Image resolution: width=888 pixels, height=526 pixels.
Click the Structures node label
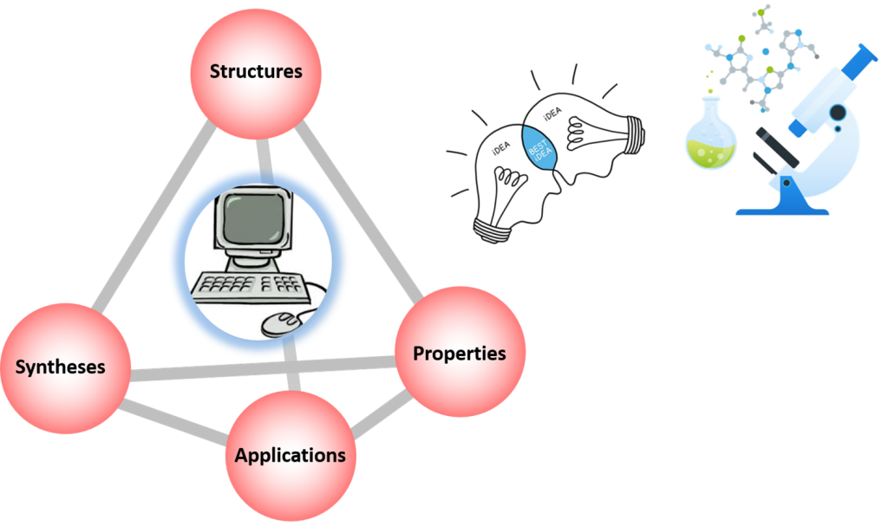pyautogui.click(x=256, y=71)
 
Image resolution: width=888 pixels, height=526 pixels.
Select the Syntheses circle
pyautogui.click(x=62, y=366)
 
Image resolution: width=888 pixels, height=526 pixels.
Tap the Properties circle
pyautogui.click(x=460, y=353)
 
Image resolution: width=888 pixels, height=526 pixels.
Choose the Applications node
pyautogui.click(x=291, y=455)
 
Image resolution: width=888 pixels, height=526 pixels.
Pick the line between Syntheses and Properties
pyautogui.click(x=260, y=372)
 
